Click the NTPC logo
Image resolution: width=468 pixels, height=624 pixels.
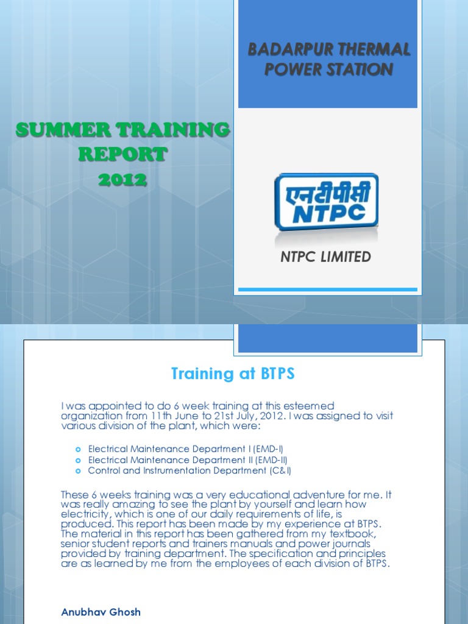[x=326, y=202]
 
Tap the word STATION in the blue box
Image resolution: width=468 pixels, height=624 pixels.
[x=358, y=69]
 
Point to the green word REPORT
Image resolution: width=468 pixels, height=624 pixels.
[x=122, y=155]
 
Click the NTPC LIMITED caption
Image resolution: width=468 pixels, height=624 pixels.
[x=325, y=257]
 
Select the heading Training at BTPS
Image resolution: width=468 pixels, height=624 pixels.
[x=233, y=374]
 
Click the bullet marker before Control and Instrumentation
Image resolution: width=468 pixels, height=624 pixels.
[x=77, y=471]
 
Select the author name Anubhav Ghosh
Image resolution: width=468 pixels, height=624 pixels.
[x=101, y=612]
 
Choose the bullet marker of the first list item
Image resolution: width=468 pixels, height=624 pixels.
[x=77, y=449]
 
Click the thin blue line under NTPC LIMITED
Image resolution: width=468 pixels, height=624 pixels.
[x=327, y=289]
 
